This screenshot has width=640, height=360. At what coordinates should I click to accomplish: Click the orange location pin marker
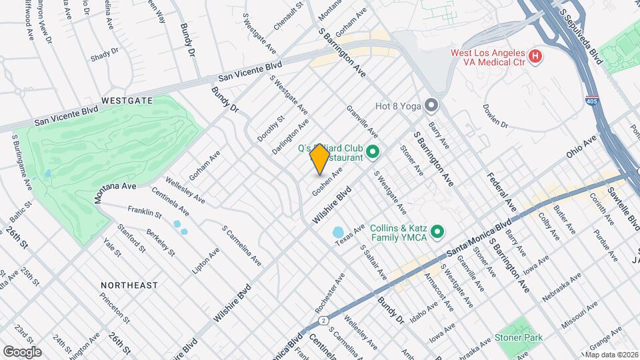point(320,158)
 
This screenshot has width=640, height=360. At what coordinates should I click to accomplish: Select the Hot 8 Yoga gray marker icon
point(432,105)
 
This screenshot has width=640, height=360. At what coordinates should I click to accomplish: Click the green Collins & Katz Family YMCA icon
point(437,232)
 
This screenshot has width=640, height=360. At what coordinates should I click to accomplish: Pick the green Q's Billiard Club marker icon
point(373,153)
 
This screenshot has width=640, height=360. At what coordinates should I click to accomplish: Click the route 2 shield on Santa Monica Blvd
point(323,320)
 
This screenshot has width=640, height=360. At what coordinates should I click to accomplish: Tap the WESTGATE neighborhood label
point(127,101)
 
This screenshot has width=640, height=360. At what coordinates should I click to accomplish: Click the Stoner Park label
point(519,337)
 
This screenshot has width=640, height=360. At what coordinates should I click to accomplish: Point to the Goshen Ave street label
point(327,181)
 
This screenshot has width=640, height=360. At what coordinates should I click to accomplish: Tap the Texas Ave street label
point(351,237)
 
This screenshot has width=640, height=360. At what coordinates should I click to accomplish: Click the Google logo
point(21,351)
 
